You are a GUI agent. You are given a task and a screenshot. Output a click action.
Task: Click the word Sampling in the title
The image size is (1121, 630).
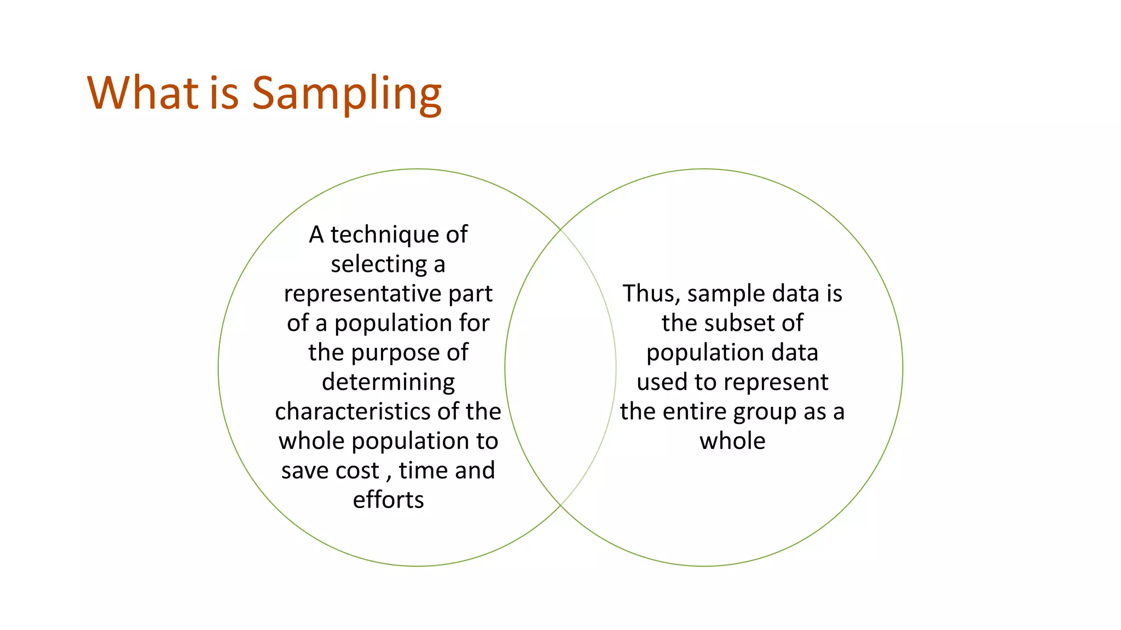click(346, 94)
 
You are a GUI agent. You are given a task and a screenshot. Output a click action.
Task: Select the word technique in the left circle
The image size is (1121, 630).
click(384, 235)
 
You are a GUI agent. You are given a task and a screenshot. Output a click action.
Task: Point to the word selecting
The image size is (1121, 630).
click(378, 265)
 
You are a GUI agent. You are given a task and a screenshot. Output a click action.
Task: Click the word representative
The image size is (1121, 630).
click(362, 294)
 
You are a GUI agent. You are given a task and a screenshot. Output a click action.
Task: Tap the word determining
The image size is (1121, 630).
click(388, 382)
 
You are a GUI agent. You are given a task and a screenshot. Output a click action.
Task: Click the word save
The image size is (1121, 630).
click(304, 471)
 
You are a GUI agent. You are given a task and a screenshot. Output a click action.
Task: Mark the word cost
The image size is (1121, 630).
click(357, 471)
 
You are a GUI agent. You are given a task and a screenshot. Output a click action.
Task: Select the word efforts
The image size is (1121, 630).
click(388, 500)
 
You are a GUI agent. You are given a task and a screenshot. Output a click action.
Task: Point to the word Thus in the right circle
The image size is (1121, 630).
click(650, 294)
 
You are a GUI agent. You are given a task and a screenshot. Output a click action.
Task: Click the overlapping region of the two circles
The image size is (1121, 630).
click(560, 367)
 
